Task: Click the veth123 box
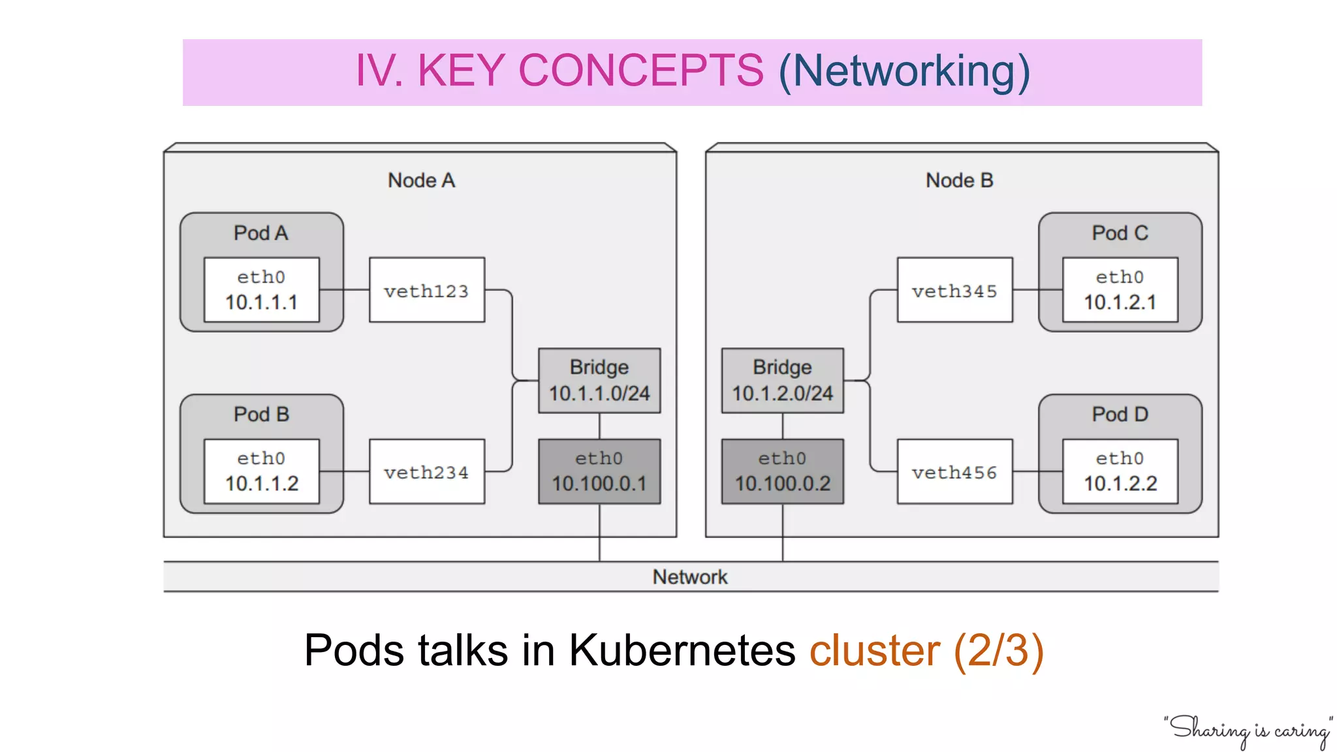point(426,290)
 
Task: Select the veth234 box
point(426,471)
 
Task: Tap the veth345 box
point(954,290)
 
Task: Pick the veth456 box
point(954,471)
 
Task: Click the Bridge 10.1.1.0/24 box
point(599,381)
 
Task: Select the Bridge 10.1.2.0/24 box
point(782,381)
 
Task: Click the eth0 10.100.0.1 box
point(599,471)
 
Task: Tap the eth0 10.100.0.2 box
point(782,471)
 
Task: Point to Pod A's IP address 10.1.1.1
point(261,302)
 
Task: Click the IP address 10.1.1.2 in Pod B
point(261,484)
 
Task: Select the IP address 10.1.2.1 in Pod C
point(1120,302)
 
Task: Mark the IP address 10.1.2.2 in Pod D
point(1120,484)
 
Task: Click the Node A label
point(421,180)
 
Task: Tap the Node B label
point(959,180)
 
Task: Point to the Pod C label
point(1120,233)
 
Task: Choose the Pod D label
point(1120,415)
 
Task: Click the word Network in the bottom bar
point(690,577)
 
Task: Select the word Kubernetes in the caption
point(682,651)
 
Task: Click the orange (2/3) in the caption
point(999,651)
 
